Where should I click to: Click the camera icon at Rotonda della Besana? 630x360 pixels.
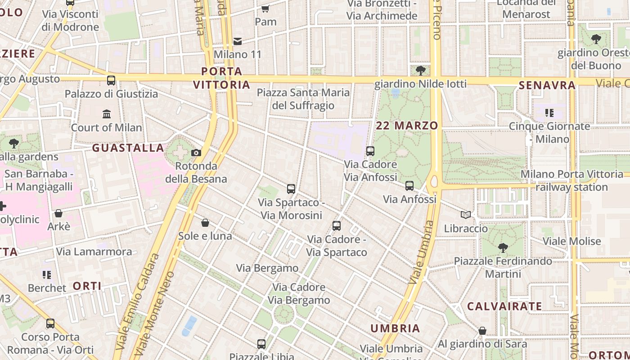196,153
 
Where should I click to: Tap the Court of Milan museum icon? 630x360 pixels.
107,114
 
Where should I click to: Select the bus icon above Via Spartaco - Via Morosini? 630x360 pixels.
291,189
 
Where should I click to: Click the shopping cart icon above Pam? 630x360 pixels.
265,9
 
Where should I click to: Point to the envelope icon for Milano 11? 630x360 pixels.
238,41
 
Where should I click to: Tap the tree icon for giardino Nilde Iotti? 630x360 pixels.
421,70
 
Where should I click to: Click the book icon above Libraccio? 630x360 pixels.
466,215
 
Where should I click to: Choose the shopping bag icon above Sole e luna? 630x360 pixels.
205,223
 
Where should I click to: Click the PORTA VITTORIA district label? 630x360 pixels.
221,78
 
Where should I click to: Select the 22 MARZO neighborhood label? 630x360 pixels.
407,126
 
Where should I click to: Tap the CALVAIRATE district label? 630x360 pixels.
504,306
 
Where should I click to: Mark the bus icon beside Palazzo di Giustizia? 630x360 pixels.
111,81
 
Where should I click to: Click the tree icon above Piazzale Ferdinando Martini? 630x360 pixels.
503,247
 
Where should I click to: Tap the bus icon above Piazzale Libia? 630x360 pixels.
261,344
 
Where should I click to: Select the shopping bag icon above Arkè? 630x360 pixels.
58,213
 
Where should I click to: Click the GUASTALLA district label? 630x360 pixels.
128,148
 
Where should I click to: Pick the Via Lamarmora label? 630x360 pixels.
94,252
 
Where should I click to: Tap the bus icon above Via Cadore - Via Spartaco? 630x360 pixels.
337,226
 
